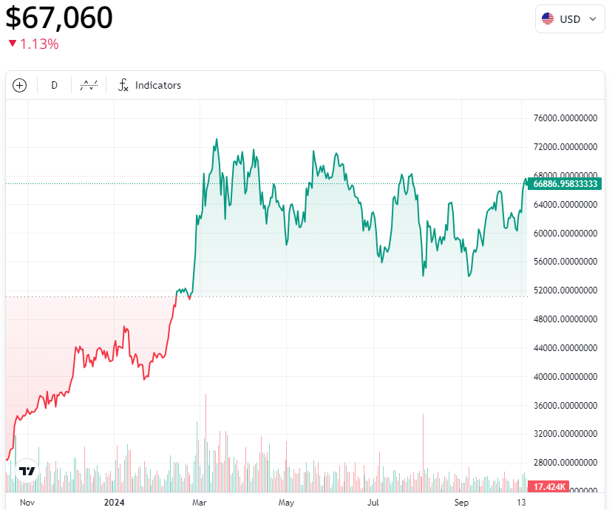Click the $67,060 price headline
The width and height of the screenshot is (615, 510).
point(59,18)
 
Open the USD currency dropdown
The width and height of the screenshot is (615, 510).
point(569,18)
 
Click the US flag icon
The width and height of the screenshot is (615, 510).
point(548,18)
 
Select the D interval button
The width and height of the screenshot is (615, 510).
point(54,85)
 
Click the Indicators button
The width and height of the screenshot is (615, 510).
point(149,85)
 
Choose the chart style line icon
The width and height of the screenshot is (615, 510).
point(89,85)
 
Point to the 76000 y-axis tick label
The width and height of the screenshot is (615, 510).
point(565,118)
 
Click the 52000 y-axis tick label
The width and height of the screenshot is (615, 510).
point(565,290)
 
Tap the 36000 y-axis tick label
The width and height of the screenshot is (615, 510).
point(565,406)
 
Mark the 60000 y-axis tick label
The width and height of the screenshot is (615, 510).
point(565,234)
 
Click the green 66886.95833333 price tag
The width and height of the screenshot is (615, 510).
point(565,183)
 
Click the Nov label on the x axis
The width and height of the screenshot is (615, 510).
point(27,503)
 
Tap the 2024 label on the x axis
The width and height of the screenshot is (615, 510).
point(114,503)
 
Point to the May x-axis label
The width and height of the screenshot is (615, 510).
point(287,503)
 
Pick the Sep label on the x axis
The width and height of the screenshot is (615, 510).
point(461,503)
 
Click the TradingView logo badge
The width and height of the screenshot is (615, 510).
point(27,471)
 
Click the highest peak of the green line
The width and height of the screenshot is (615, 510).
point(217,139)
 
